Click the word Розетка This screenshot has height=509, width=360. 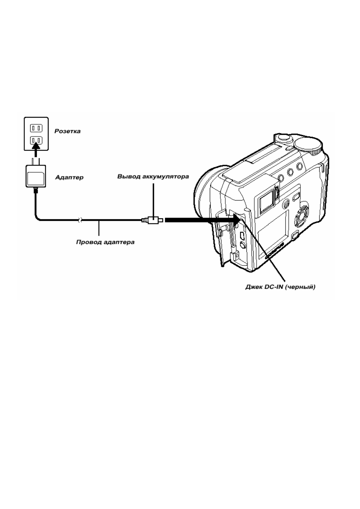(x=67, y=131)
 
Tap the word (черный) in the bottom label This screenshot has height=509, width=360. (x=300, y=287)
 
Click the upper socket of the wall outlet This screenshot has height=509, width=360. (x=36, y=129)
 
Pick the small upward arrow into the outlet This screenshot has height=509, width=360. (x=36, y=150)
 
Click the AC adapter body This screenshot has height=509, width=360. (x=36, y=176)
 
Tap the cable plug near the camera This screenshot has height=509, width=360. (x=152, y=220)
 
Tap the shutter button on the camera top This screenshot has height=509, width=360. (x=283, y=138)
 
